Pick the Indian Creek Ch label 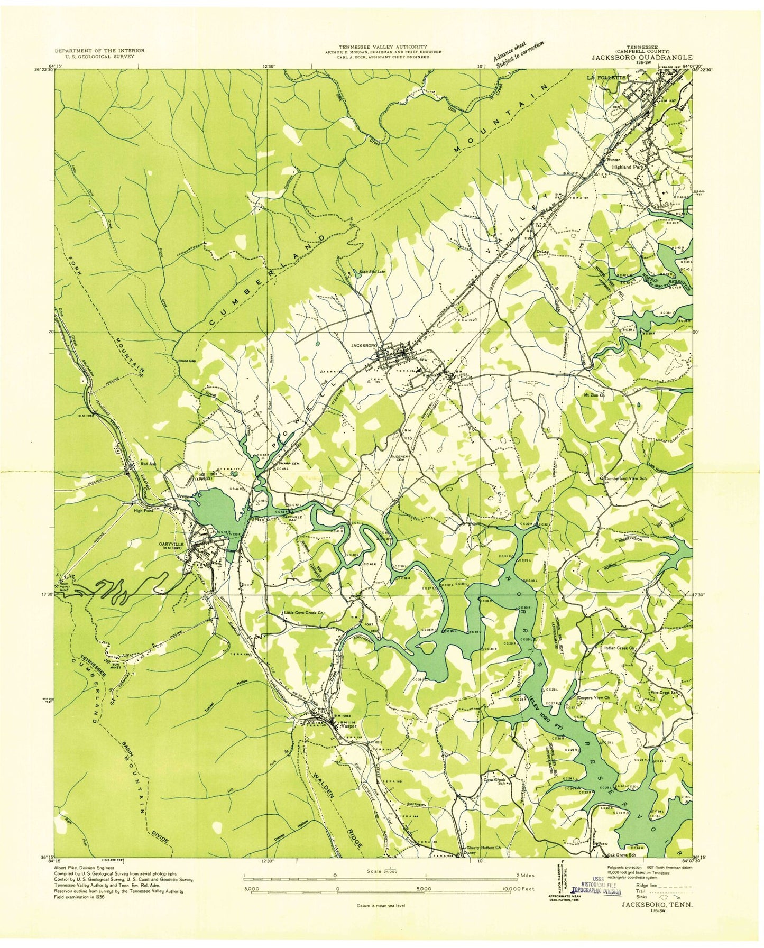click(619, 647)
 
